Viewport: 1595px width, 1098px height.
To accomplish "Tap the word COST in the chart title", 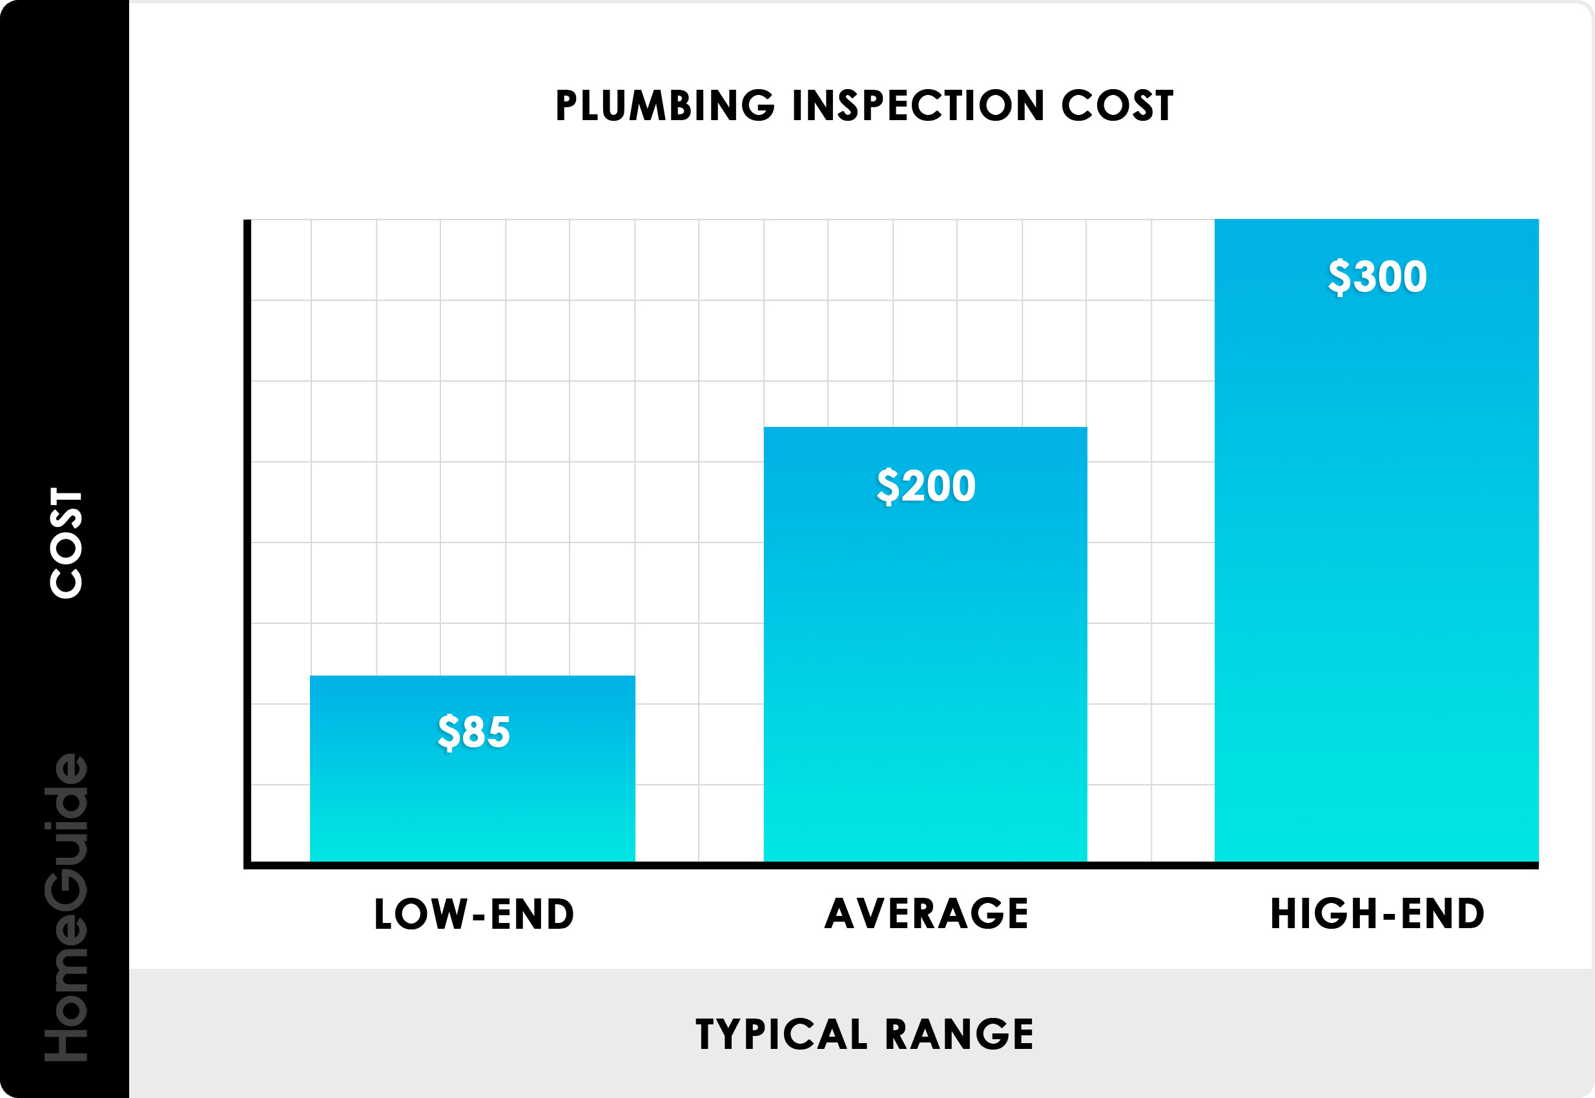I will [1117, 106].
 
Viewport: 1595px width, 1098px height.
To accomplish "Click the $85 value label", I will [474, 731].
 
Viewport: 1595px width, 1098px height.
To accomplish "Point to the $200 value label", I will [926, 486].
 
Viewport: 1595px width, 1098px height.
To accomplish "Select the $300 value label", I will [1377, 276].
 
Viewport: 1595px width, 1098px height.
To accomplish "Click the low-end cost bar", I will [473, 805].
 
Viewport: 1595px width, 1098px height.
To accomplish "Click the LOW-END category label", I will [474, 915].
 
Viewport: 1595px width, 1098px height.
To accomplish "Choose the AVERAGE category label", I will [926, 914].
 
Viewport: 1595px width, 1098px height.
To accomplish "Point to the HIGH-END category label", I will [1377, 914].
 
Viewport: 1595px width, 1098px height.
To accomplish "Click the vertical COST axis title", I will [66, 543].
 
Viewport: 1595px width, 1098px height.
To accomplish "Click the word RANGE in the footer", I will [959, 1034].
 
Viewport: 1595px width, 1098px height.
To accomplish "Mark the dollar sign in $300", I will [1339, 276].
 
